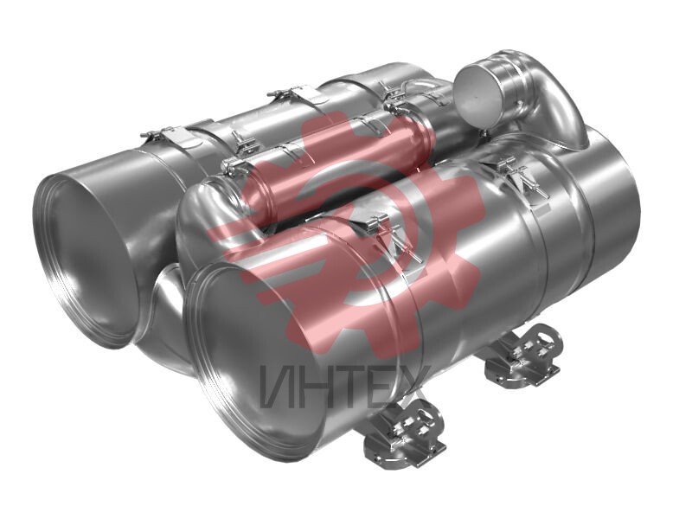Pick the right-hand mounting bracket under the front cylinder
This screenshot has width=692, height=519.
click(x=524, y=356)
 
